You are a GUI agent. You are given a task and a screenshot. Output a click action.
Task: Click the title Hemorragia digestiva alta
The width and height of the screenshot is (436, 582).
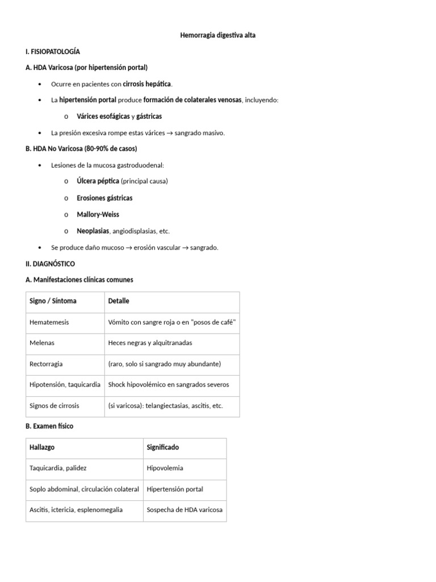pyautogui.click(x=217, y=35)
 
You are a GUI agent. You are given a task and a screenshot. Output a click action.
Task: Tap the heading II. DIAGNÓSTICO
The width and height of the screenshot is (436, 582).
pyautogui.click(x=50, y=264)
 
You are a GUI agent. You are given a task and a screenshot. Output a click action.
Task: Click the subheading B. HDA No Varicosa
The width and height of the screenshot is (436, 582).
pyautogui.click(x=81, y=149)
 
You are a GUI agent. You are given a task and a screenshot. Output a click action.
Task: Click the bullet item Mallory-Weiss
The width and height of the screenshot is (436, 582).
pyautogui.click(x=98, y=215)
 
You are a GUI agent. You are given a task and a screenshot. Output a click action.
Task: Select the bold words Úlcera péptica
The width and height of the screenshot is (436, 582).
pyautogui.click(x=98, y=181)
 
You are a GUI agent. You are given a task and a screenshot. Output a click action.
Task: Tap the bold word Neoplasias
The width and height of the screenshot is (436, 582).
pyautogui.click(x=93, y=231)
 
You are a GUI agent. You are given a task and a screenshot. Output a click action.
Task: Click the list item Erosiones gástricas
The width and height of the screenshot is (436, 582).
pyautogui.click(x=104, y=198)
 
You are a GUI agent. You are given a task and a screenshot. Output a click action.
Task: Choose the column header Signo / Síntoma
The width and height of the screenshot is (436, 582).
pyautogui.click(x=53, y=301)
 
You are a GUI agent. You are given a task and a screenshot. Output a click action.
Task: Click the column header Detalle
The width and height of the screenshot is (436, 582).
pyautogui.click(x=119, y=301)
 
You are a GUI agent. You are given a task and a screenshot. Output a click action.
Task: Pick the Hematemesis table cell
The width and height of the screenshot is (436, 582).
pyautogui.click(x=49, y=322)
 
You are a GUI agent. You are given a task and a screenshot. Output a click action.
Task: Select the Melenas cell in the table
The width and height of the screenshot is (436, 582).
pyautogui.click(x=42, y=343)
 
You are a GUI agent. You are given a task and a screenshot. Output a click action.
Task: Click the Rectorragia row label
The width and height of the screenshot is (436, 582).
pyautogui.click(x=46, y=364)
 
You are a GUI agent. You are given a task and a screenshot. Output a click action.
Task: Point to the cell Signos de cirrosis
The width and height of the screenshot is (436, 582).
pyautogui.click(x=54, y=406)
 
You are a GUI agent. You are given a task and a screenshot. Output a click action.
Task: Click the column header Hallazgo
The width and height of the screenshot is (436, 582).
pyautogui.click(x=42, y=447)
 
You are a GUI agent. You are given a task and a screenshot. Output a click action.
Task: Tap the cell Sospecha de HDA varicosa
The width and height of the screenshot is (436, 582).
pyautogui.click(x=185, y=510)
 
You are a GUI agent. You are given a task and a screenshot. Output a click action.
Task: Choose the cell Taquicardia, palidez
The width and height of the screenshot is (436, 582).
pyautogui.click(x=58, y=468)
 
